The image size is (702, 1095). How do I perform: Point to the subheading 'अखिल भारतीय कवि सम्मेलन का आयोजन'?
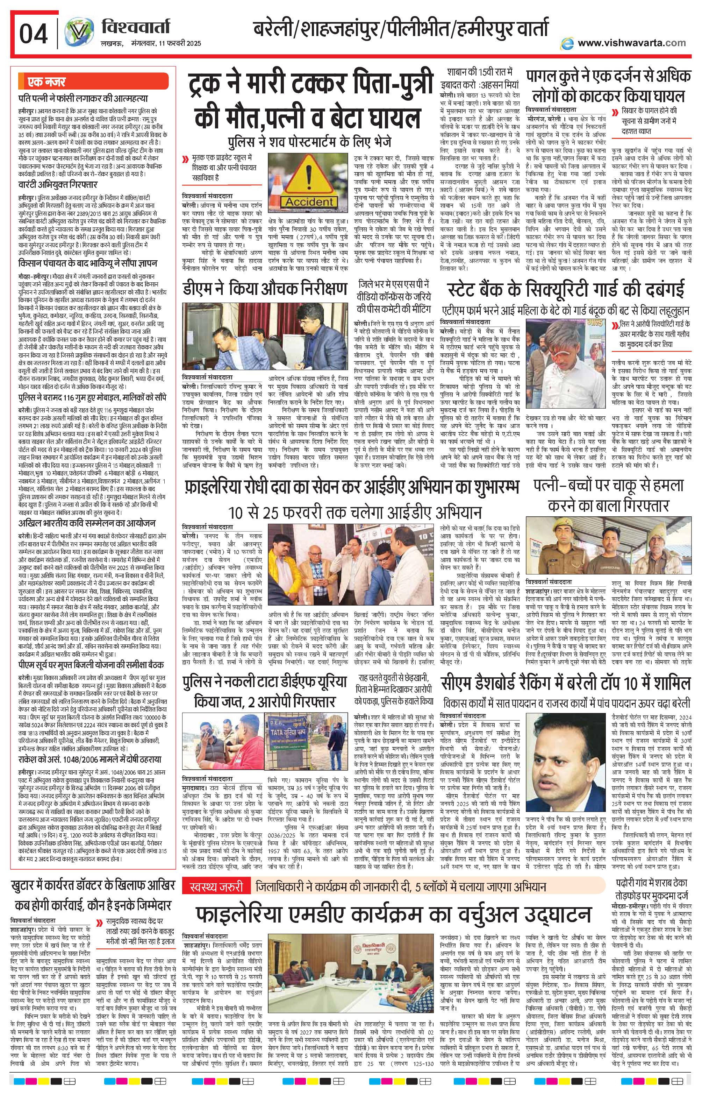coord(87,523)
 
